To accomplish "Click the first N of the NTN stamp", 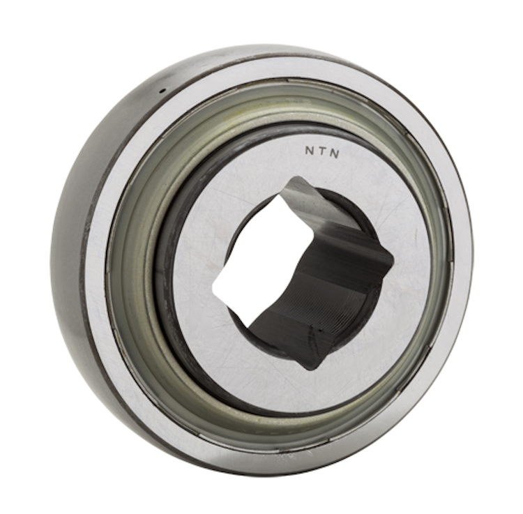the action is pos(309,150).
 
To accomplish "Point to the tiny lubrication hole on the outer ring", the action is pos(162,90).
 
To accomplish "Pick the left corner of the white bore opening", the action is pos(213,286).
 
